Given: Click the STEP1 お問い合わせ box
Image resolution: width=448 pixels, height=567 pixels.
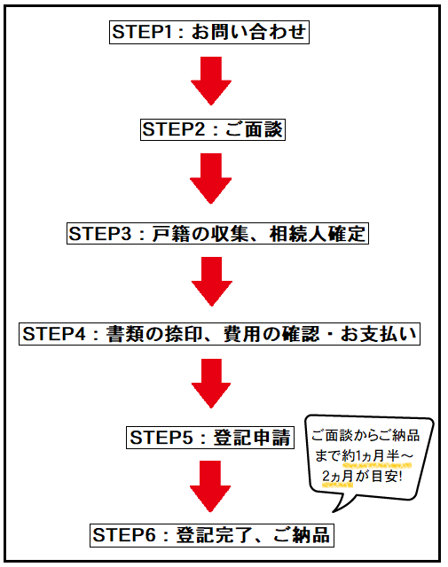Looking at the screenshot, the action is tap(209, 32).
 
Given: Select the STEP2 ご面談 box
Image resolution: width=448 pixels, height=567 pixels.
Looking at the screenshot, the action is tap(213, 130).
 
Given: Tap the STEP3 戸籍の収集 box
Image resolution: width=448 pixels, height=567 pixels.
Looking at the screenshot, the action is tap(217, 234).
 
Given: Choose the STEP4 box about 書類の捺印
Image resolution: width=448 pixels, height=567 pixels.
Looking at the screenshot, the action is tap(219, 334).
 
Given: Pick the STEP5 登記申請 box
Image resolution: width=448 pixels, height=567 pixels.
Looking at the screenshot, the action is tap(210, 438).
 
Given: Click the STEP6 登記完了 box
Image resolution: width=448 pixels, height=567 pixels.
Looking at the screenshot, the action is tap(212, 535).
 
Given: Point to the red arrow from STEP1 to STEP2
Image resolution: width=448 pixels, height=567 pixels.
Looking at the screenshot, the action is tap(211, 81).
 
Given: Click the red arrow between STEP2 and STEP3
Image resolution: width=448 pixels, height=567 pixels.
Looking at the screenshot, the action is tap(211, 179).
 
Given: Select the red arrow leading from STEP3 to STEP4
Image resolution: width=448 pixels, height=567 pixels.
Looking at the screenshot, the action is tap(211, 282).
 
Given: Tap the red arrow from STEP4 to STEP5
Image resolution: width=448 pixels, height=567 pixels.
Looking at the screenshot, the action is tap(211, 384).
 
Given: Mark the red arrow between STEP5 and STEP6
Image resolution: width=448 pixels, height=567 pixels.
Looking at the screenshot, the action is tap(210, 486).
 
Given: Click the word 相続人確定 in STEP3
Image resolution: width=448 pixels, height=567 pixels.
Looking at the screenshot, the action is tap(318, 234).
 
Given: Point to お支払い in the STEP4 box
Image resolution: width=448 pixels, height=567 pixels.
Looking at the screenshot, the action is tap(379, 334).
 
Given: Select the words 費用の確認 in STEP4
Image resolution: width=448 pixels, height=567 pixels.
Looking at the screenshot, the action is tap(271, 334).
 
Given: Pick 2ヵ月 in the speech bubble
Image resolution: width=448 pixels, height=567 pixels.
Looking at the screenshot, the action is tap(337, 477).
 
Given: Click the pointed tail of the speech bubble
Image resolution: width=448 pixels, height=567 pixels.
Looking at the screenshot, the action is tap(334, 512).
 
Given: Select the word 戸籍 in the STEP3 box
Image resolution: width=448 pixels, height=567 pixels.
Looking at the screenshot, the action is tap(171, 234).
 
